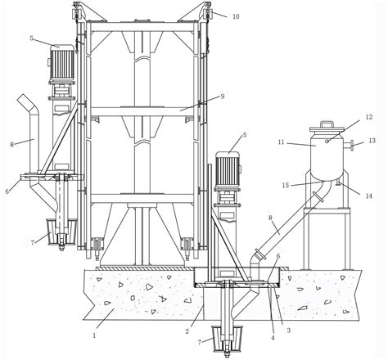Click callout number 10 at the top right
236,16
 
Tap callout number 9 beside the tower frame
223,97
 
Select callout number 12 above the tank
368,117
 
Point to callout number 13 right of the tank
372,141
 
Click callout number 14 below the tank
369,196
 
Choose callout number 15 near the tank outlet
286,186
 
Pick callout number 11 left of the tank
282,142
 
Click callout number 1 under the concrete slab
94,335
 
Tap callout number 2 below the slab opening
187,331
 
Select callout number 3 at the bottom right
288,331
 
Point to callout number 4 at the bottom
273,338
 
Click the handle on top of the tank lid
327,124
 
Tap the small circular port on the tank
327,141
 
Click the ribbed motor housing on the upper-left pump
62,62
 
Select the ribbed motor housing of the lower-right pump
228,169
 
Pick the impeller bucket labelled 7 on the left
62,232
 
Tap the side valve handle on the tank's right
350,145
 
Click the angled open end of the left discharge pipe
25,100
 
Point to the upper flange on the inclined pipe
318,196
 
